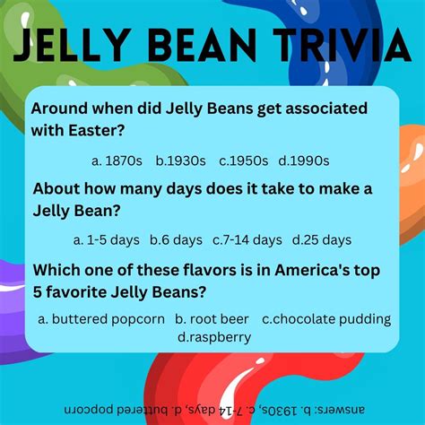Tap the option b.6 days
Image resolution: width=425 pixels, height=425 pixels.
pyautogui.click(x=176, y=239)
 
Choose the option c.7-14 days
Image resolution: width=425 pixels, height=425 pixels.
pyautogui.click(x=247, y=239)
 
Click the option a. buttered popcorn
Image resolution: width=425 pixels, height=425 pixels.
pyautogui.click(x=101, y=318)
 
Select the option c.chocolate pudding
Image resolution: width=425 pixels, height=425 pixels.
pyautogui.click(x=326, y=318)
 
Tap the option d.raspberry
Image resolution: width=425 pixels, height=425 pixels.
pyautogui.click(x=213, y=337)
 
